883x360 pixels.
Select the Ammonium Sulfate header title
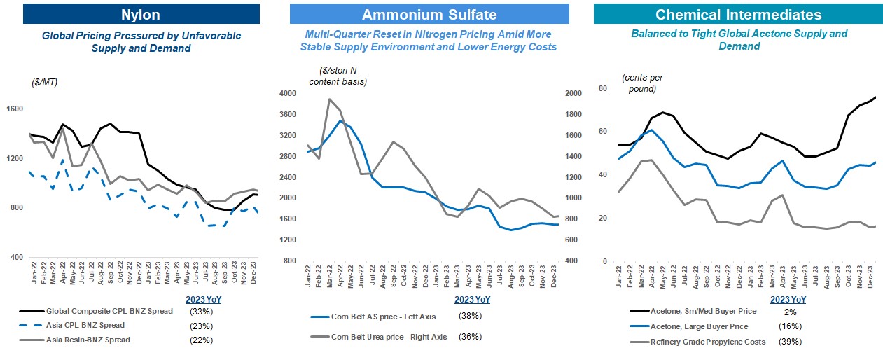pyautogui.click(x=430, y=14)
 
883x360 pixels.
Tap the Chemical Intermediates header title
pyautogui.click(x=738, y=14)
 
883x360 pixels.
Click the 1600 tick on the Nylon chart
pyautogui.click(x=15, y=109)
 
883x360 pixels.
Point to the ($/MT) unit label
pyautogui.click(x=46, y=82)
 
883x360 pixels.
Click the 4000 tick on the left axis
pyautogui.click(x=289, y=94)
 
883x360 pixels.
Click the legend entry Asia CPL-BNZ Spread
pyautogui.click(x=85, y=326)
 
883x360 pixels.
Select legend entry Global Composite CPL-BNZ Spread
pyautogui.click(x=109, y=311)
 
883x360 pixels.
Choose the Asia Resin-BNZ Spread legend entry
pyautogui.click(x=88, y=340)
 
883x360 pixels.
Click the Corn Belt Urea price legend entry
pyautogui.click(x=389, y=337)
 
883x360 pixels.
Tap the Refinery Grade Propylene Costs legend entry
pyautogui.click(x=707, y=342)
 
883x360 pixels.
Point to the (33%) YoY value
pyautogui.click(x=202, y=311)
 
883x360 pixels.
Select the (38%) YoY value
pyautogui.click(x=470, y=317)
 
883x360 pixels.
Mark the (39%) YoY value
pyautogui.click(x=790, y=342)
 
